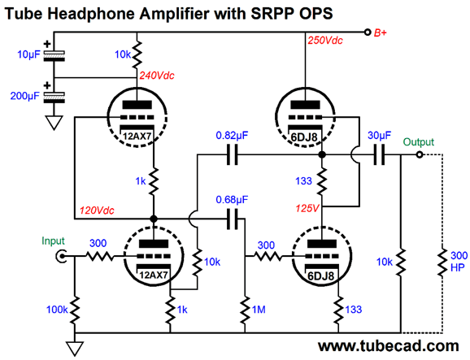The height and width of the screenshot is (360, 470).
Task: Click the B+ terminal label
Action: point(380,33)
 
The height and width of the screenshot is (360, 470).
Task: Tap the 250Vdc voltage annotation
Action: point(325,40)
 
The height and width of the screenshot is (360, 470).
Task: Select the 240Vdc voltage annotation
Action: point(157,76)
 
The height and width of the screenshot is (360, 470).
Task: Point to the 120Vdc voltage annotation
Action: point(97,210)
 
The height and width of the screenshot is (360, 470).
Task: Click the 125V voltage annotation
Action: point(307,208)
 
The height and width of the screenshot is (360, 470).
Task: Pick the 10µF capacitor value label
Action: point(28,54)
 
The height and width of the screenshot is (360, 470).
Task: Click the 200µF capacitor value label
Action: point(25,96)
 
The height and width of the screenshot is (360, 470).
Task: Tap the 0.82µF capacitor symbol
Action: point(233,155)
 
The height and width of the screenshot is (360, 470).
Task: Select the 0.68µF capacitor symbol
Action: point(233,219)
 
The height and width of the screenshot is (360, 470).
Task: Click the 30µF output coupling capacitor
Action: point(379,155)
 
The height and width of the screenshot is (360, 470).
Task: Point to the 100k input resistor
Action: point(75,310)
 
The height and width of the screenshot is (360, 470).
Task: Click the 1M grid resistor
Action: point(246,310)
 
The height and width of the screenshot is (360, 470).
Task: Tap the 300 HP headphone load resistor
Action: point(442,262)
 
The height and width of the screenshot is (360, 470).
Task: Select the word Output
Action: point(419,141)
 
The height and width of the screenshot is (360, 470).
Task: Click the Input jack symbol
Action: point(61,256)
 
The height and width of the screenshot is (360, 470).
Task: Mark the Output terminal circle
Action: point(420,155)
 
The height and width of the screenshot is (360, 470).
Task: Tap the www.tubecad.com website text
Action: point(388,346)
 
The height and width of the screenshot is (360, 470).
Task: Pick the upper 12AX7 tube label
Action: point(137,137)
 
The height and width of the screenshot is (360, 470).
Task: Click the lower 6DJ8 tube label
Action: point(320,275)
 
